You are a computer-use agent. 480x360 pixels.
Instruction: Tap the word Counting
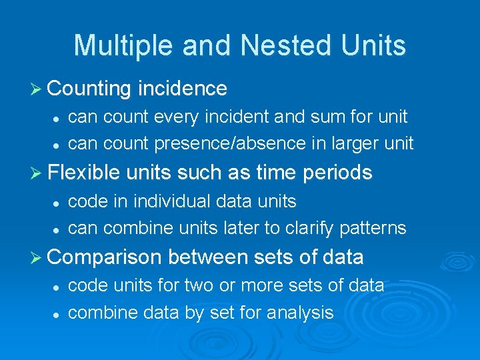click(90, 88)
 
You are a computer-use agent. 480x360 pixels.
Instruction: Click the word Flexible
click(83, 173)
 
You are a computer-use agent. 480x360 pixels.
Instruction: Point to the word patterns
click(373, 227)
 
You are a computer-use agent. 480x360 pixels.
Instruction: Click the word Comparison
click(105, 257)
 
